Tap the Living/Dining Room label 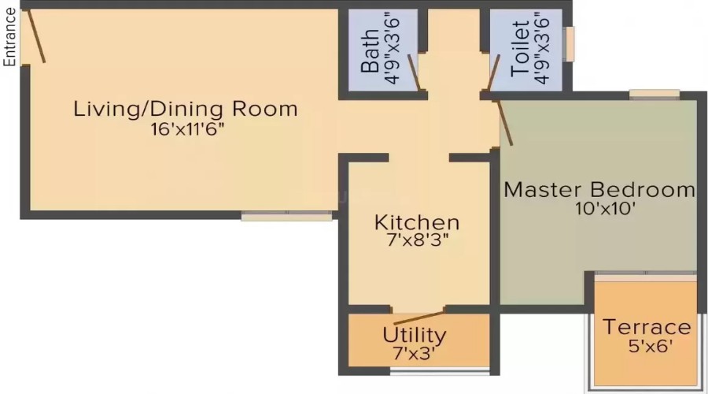pyautogui.click(x=186, y=109)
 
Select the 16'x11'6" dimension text pyautogui.click(x=186, y=129)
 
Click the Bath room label pyautogui.click(x=370, y=54)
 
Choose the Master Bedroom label pyautogui.click(x=599, y=190)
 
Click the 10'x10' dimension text pyautogui.click(x=599, y=209)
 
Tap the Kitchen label pyautogui.click(x=417, y=221)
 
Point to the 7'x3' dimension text pyautogui.click(x=414, y=354)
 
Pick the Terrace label pyautogui.click(x=647, y=327)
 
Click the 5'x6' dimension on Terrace pyautogui.click(x=647, y=345)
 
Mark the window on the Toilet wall pyautogui.click(x=570, y=43)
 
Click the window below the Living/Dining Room pyautogui.click(x=286, y=215)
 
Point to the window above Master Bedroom pyautogui.click(x=655, y=95)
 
